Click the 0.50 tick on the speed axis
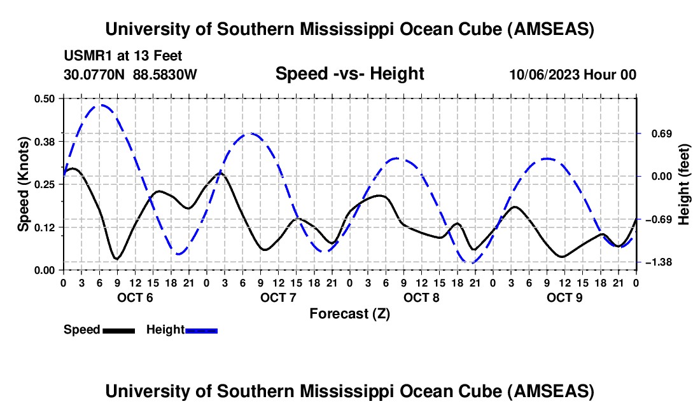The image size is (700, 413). pos(44,98)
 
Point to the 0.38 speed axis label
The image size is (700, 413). pos(44,141)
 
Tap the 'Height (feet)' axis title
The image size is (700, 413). pos(684,184)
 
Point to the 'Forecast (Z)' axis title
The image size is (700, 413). pos(349,313)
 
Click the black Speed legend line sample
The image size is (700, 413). pos(118,330)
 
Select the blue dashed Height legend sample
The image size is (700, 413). pos(201,330)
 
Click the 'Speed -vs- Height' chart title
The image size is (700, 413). pos(349,74)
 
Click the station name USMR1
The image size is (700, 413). pos(87,56)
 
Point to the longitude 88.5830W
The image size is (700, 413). pos(165,74)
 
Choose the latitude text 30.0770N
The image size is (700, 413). pos(95,74)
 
